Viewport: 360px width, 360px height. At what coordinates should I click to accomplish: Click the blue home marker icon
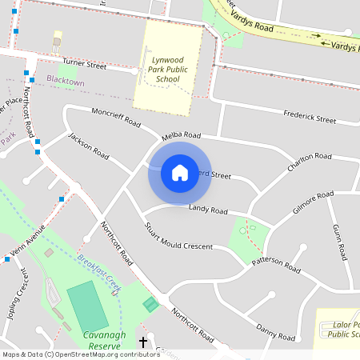coord(179,173)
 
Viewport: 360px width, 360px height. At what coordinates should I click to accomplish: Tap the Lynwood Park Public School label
coord(168,64)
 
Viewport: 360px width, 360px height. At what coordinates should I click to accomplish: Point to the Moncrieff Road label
coord(115,118)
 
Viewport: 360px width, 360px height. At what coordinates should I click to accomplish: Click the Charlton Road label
coord(309,161)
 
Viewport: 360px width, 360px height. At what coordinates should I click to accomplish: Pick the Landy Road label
coord(208,210)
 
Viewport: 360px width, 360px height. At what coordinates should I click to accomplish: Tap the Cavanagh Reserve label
coord(106,340)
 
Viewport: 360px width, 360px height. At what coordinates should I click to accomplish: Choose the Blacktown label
coord(65,80)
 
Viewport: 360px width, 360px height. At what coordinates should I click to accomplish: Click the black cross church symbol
coord(143,342)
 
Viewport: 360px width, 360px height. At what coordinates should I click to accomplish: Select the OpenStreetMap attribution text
coord(80,354)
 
